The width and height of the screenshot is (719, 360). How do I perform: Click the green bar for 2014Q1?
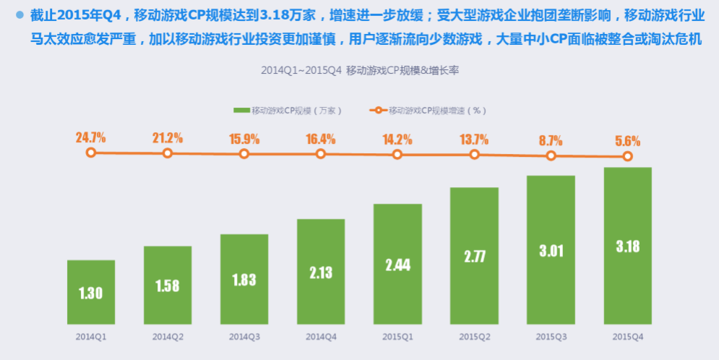(x=91, y=292)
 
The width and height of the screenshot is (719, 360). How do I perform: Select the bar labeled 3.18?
(x=627, y=246)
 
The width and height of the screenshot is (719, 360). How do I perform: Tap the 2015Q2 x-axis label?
(x=474, y=337)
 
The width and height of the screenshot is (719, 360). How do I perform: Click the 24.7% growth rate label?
(x=91, y=137)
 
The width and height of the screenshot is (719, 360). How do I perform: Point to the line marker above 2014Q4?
(x=321, y=154)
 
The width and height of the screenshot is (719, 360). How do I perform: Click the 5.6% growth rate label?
(x=627, y=141)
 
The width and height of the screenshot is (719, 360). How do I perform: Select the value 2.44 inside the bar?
(x=397, y=265)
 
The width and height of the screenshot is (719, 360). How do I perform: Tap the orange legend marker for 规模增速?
(x=379, y=111)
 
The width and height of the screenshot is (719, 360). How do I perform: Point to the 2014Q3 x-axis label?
(x=244, y=337)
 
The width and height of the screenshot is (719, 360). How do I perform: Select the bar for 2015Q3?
(x=551, y=250)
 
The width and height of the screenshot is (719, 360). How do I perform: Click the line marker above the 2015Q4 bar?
(x=627, y=156)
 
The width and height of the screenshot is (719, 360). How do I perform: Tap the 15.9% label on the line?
(x=244, y=138)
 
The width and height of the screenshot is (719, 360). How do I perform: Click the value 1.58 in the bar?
(x=168, y=286)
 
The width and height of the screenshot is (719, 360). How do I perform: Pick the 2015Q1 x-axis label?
(x=397, y=337)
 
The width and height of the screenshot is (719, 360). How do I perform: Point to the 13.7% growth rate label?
(x=474, y=140)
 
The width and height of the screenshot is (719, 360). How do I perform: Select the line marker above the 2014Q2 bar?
(x=168, y=153)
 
